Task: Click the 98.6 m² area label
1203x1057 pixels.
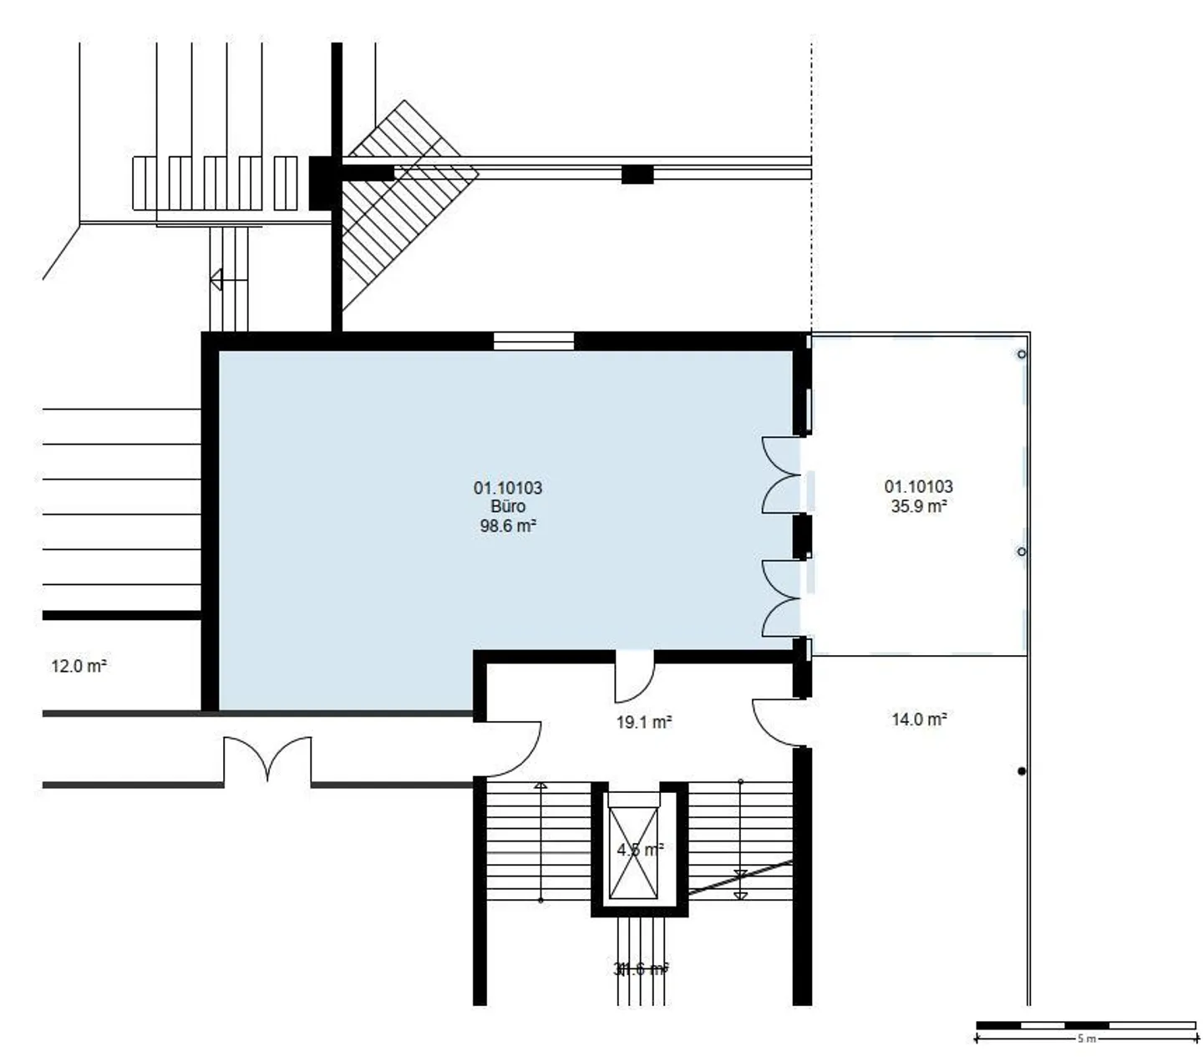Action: tap(507, 526)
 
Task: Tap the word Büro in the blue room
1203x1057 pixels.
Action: tap(508, 507)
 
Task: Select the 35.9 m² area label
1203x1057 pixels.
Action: tap(918, 506)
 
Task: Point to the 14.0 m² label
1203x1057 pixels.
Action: tap(919, 719)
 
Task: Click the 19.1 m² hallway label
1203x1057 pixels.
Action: tap(644, 722)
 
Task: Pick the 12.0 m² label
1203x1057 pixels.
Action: tap(79, 666)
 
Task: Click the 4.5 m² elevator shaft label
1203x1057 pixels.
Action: tap(640, 850)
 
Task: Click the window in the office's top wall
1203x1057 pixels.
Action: tap(533, 341)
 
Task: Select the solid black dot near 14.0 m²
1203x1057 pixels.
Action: tap(1021, 771)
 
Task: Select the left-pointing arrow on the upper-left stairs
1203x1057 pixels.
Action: tap(217, 280)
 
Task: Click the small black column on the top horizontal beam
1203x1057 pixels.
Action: tap(637, 175)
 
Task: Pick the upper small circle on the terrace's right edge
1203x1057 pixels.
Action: tap(1021, 354)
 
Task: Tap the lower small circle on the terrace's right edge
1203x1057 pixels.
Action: tap(1021, 552)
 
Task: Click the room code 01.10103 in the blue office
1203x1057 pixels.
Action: tap(508, 488)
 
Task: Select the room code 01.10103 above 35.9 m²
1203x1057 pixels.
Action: tap(918, 486)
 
